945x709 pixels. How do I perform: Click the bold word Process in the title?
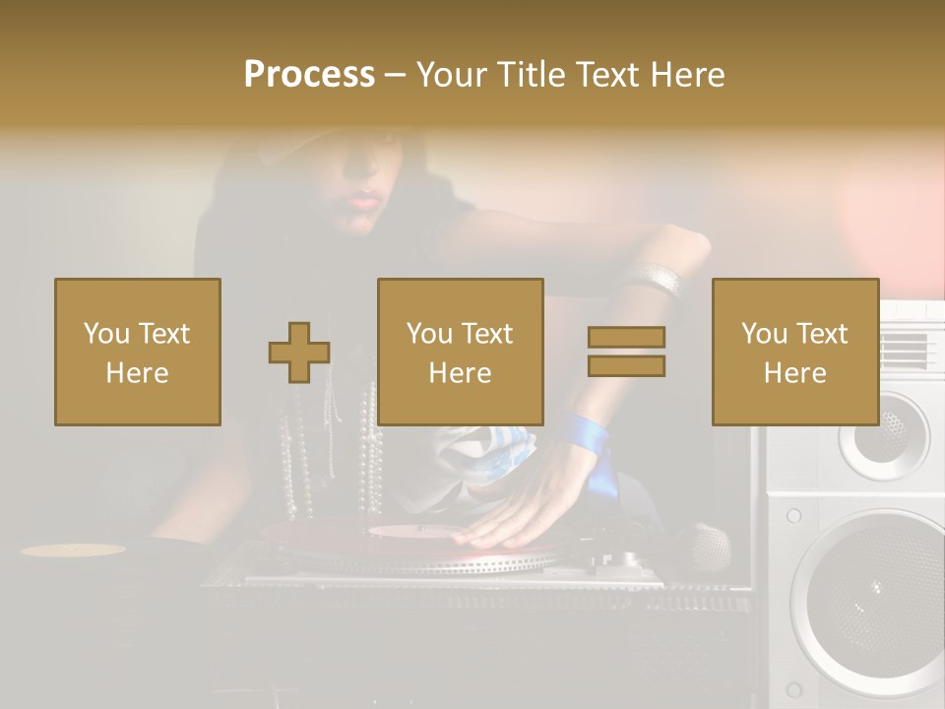(309, 74)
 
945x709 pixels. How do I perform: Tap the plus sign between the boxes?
(299, 353)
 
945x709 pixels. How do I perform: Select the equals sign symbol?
(626, 352)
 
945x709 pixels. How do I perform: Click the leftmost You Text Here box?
(138, 352)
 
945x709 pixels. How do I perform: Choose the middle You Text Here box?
(461, 352)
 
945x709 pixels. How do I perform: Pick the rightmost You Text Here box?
(795, 352)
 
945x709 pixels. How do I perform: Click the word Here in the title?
(686, 74)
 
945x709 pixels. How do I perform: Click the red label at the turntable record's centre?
(413, 532)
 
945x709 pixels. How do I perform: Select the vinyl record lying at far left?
(74, 549)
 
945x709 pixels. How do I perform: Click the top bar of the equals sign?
(626, 337)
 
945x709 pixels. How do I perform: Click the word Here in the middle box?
(461, 372)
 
